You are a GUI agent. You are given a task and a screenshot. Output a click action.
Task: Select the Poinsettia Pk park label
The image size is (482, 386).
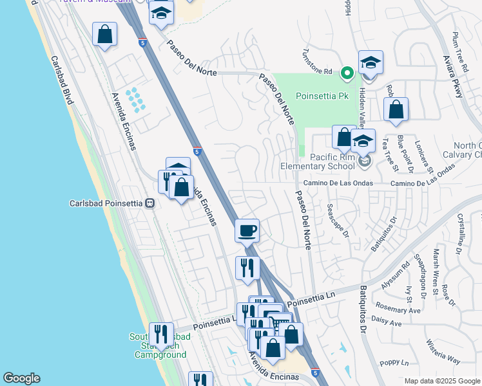(322, 96)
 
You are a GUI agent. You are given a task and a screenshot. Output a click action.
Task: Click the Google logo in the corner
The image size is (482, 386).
(21, 378)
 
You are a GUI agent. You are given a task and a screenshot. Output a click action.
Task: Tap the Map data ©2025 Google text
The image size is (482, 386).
(441, 381)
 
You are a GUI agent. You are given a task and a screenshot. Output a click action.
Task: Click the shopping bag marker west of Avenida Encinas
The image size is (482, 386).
(104, 34)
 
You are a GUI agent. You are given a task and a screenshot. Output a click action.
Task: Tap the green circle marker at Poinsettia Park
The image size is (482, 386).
(347, 73)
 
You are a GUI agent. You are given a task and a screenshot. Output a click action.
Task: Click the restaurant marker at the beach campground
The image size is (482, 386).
(161, 334)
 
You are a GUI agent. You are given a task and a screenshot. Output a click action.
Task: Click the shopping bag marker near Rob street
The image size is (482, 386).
(396, 109)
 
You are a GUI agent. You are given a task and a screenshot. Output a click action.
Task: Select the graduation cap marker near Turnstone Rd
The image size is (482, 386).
(371, 62)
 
